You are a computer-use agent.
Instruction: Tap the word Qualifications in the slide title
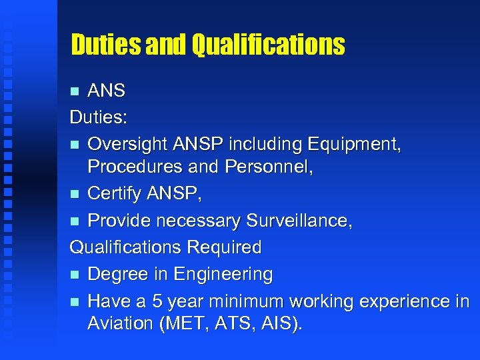point(268,45)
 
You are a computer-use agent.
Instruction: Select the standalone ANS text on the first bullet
point(107,90)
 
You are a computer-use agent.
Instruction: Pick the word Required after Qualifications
point(224,247)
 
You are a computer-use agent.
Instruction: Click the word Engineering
point(223,275)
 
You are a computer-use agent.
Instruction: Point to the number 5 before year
point(157,301)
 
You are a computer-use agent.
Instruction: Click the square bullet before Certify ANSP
point(75,194)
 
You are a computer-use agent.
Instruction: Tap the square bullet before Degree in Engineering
point(75,275)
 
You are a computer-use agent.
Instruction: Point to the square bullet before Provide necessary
point(75,221)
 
